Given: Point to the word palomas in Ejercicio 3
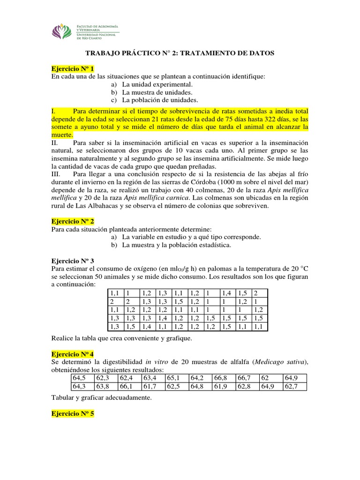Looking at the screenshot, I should [x=210, y=268].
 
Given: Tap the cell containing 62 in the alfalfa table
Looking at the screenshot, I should [x=270, y=378].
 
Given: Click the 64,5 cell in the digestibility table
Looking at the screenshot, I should [x=81, y=378].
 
